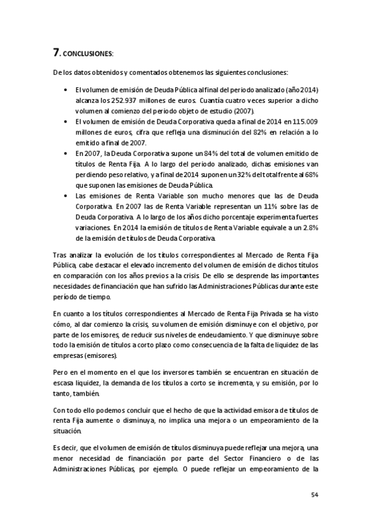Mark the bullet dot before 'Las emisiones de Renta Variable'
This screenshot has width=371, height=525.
click(x=66, y=194)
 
